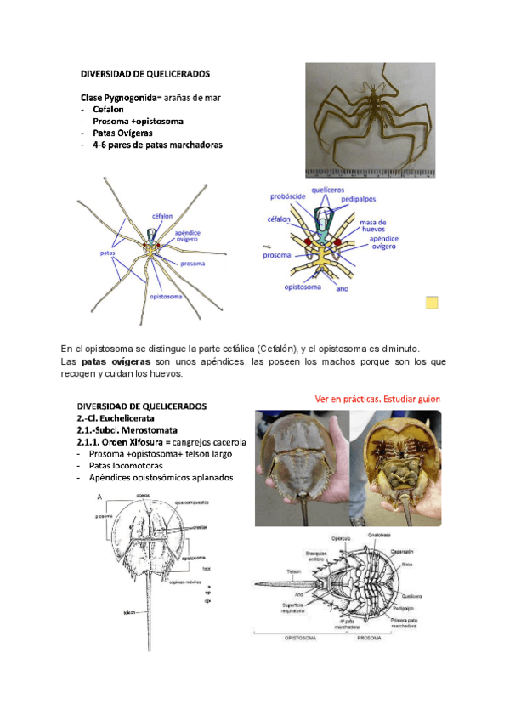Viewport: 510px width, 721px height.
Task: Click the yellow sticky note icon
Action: [432, 303]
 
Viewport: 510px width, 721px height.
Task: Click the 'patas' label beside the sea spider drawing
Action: [108, 253]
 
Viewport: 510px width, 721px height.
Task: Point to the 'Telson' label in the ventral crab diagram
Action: [293, 571]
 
